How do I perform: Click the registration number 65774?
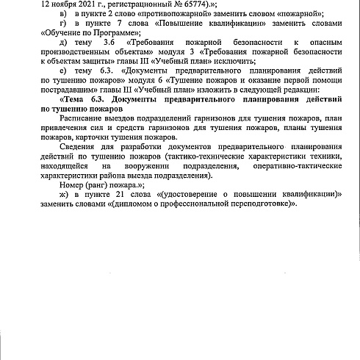[x=162, y=3]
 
